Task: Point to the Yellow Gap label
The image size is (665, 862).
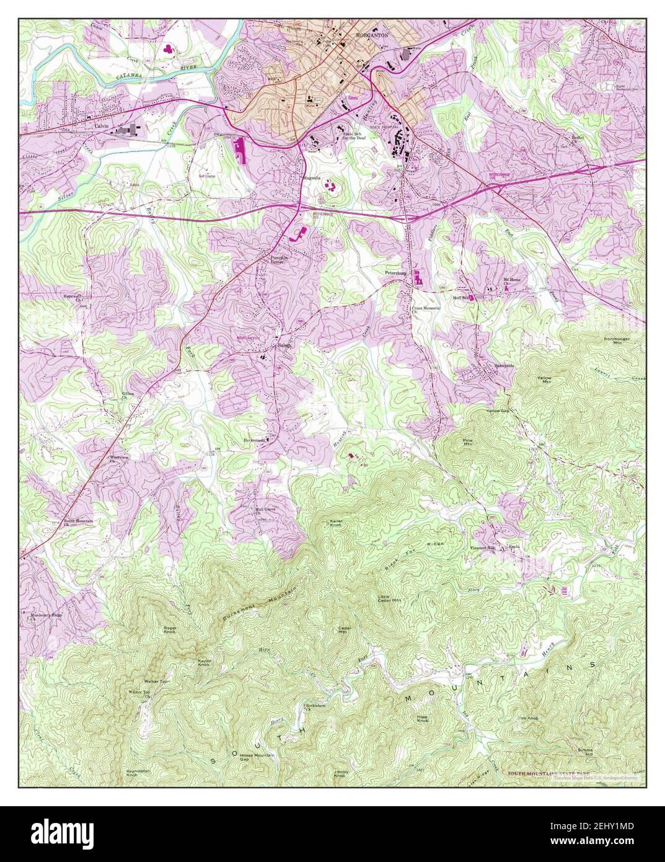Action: pyautogui.click(x=498, y=411)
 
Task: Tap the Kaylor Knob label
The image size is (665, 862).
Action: pyautogui.click(x=205, y=663)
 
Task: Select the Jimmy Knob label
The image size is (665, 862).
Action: pyautogui.click(x=340, y=774)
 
